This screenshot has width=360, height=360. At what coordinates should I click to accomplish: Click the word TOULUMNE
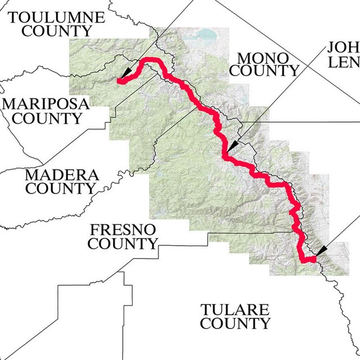(57, 17)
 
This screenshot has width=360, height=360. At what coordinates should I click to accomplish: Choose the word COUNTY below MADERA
(60, 188)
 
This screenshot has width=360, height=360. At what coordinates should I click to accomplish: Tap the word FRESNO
(123, 230)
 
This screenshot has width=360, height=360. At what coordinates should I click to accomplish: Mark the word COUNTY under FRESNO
(123, 244)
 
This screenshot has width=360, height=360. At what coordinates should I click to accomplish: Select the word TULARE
(235, 310)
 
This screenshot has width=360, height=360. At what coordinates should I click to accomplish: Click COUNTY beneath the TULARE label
(235, 324)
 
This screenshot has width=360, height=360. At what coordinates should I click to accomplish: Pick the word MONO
(263, 57)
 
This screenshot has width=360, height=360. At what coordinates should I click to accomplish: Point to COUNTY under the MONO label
(264, 71)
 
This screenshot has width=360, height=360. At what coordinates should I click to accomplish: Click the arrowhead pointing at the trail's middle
(232, 147)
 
